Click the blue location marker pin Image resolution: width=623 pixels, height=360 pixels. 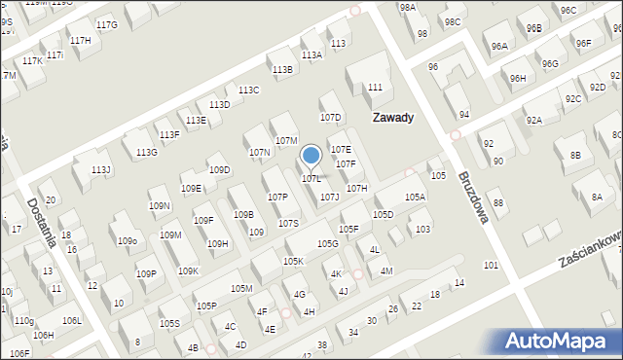tap(311, 156)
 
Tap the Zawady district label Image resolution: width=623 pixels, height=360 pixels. tap(393, 118)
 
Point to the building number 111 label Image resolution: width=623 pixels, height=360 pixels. tap(375, 88)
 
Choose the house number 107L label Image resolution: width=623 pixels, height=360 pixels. tap(311, 179)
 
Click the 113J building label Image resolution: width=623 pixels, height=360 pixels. tap(101, 170)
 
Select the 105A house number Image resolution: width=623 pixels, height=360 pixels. tap(416, 198)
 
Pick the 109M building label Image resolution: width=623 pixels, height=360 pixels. tap(170, 235)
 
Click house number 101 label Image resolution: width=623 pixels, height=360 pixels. tap(491, 266)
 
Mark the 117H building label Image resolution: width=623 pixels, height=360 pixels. tap(80, 40)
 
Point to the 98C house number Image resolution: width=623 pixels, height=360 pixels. tap(452, 21)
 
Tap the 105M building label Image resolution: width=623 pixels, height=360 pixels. tap(240, 289)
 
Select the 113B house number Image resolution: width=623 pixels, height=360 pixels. tap(282, 70)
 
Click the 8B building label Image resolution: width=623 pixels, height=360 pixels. tap(575, 156)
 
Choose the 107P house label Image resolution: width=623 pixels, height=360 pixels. tap(277, 198)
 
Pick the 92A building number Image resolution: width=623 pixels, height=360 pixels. tap(534, 121)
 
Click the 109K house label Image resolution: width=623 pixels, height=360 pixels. tap(189, 271)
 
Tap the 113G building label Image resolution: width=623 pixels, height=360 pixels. tap(147, 153)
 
